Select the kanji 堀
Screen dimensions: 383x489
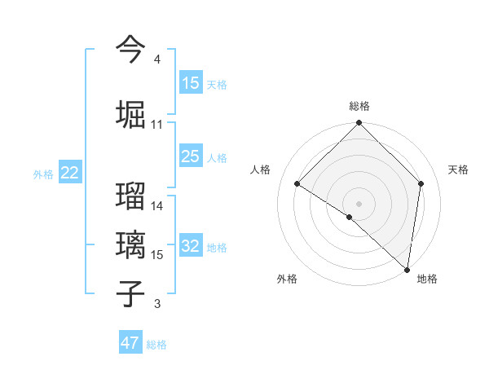click(131, 114)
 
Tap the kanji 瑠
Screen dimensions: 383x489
click(131, 196)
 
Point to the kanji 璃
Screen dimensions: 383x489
click(131, 244)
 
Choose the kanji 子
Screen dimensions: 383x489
click(131, 293)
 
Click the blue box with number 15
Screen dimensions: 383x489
click(191, 83)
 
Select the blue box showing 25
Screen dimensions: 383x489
click(191, 157)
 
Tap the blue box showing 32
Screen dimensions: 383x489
click(191, 247)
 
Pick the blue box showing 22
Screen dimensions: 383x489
click(70, 173)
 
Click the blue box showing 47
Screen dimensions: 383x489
click(130, 343)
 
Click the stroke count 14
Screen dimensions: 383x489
click(157, 206)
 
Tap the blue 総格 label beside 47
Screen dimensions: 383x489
click(156, 345)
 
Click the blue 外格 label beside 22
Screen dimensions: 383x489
click(43, 174)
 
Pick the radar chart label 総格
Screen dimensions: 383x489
click(359, 106)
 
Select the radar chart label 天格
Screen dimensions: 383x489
click(459, 169)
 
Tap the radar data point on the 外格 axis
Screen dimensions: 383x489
click(350, 217)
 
